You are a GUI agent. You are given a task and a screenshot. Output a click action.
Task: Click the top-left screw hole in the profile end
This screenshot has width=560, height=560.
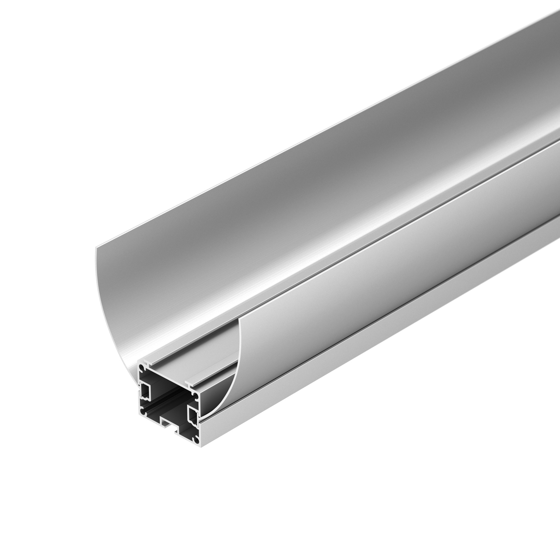coord(141,368)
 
